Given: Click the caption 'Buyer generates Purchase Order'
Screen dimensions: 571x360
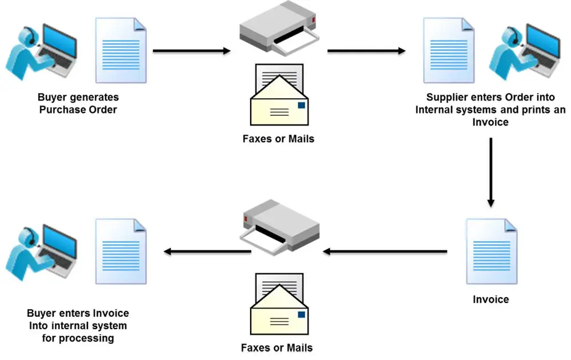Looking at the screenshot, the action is coord(78,103).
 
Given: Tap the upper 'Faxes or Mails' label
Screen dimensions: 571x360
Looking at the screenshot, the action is coord(278,139).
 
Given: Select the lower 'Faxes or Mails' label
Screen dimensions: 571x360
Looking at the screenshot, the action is coord(277,347).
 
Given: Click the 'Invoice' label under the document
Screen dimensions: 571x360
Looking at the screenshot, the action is coord(491,299).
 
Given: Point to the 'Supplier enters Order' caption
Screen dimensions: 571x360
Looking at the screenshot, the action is coord(490,110).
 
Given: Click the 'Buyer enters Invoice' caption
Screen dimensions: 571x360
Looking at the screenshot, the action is coord(78,325).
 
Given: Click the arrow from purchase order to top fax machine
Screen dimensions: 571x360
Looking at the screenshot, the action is coord(191,51).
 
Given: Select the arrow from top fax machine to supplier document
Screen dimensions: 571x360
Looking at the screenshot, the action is coord(367,51).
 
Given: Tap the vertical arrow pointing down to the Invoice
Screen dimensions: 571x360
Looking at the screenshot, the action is coord(491,172).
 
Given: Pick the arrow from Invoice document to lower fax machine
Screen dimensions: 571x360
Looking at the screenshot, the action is coord(385,251).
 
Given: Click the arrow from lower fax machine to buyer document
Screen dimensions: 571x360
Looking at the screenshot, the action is coord(207,251).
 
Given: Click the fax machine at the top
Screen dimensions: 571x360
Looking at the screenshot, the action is coord(279,28).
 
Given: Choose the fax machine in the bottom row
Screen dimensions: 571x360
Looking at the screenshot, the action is coord(279,226).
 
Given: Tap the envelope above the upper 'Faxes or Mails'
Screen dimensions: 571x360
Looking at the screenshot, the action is coord(279,95).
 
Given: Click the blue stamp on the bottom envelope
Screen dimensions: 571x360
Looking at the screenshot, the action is coord(301,314).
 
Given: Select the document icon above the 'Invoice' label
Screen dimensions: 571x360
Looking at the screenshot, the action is coord(492,251).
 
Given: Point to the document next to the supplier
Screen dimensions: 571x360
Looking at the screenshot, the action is coord(449,50).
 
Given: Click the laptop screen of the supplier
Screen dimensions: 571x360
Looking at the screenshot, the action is coord(544,41).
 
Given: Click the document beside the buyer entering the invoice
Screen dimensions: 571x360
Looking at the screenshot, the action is coord(121,251).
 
